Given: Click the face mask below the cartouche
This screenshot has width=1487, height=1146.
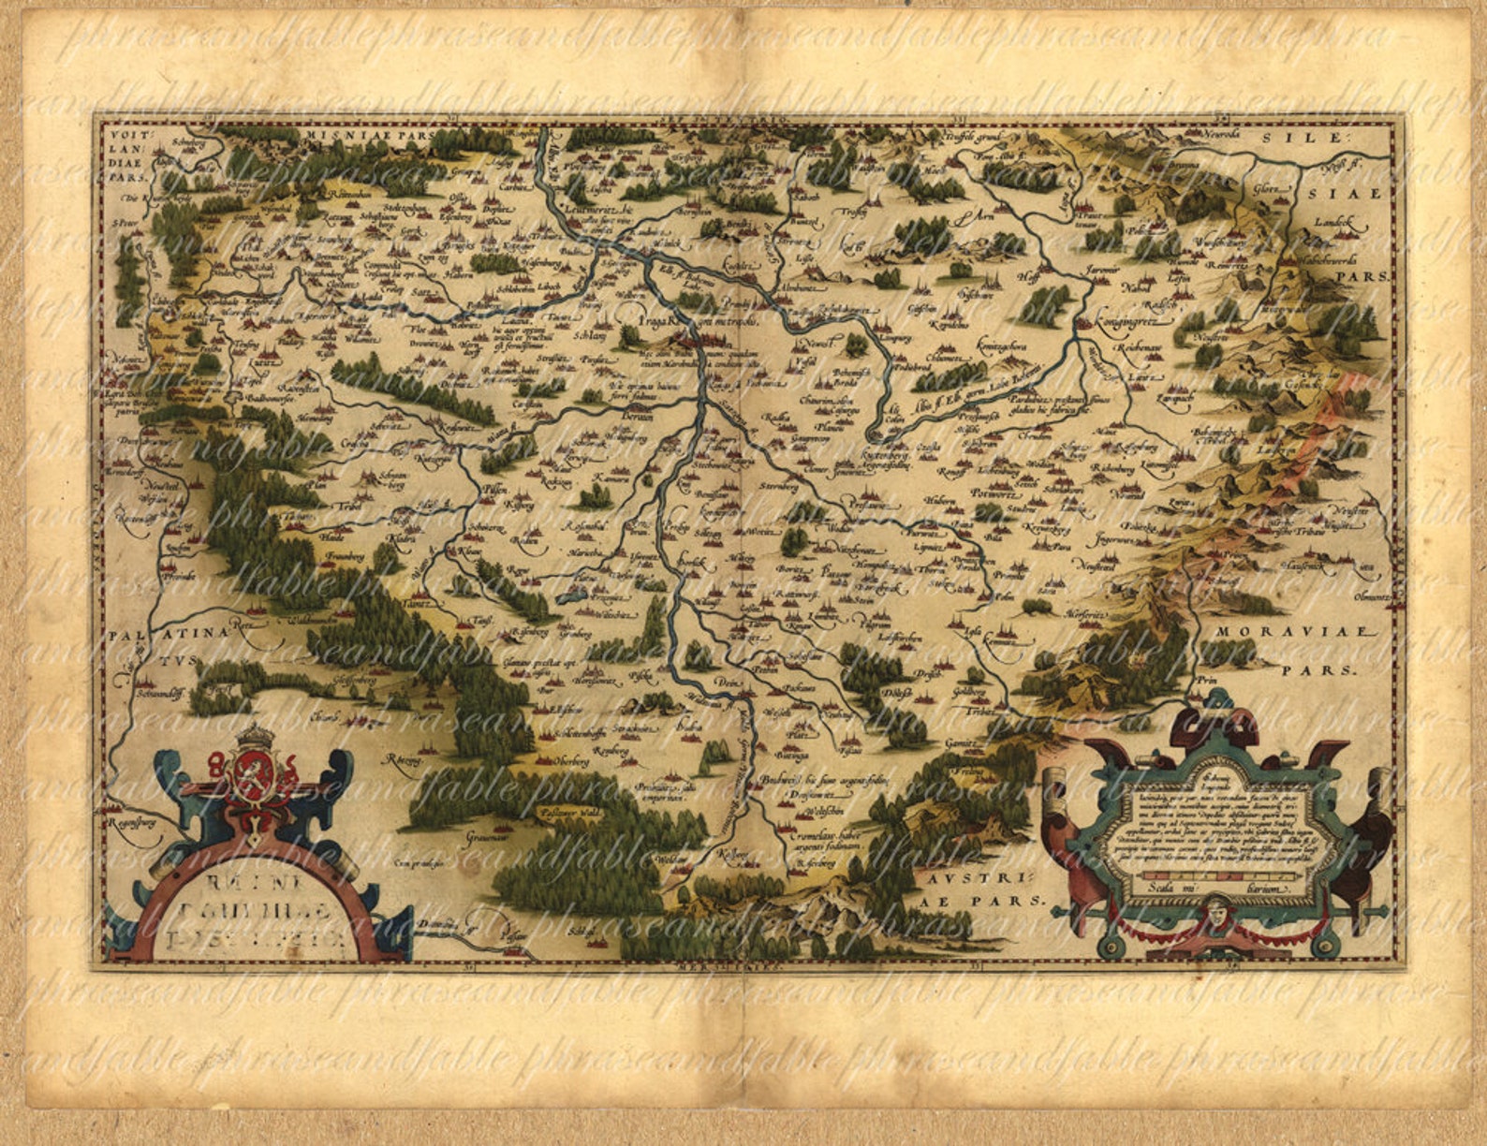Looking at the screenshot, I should [1216, 908].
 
